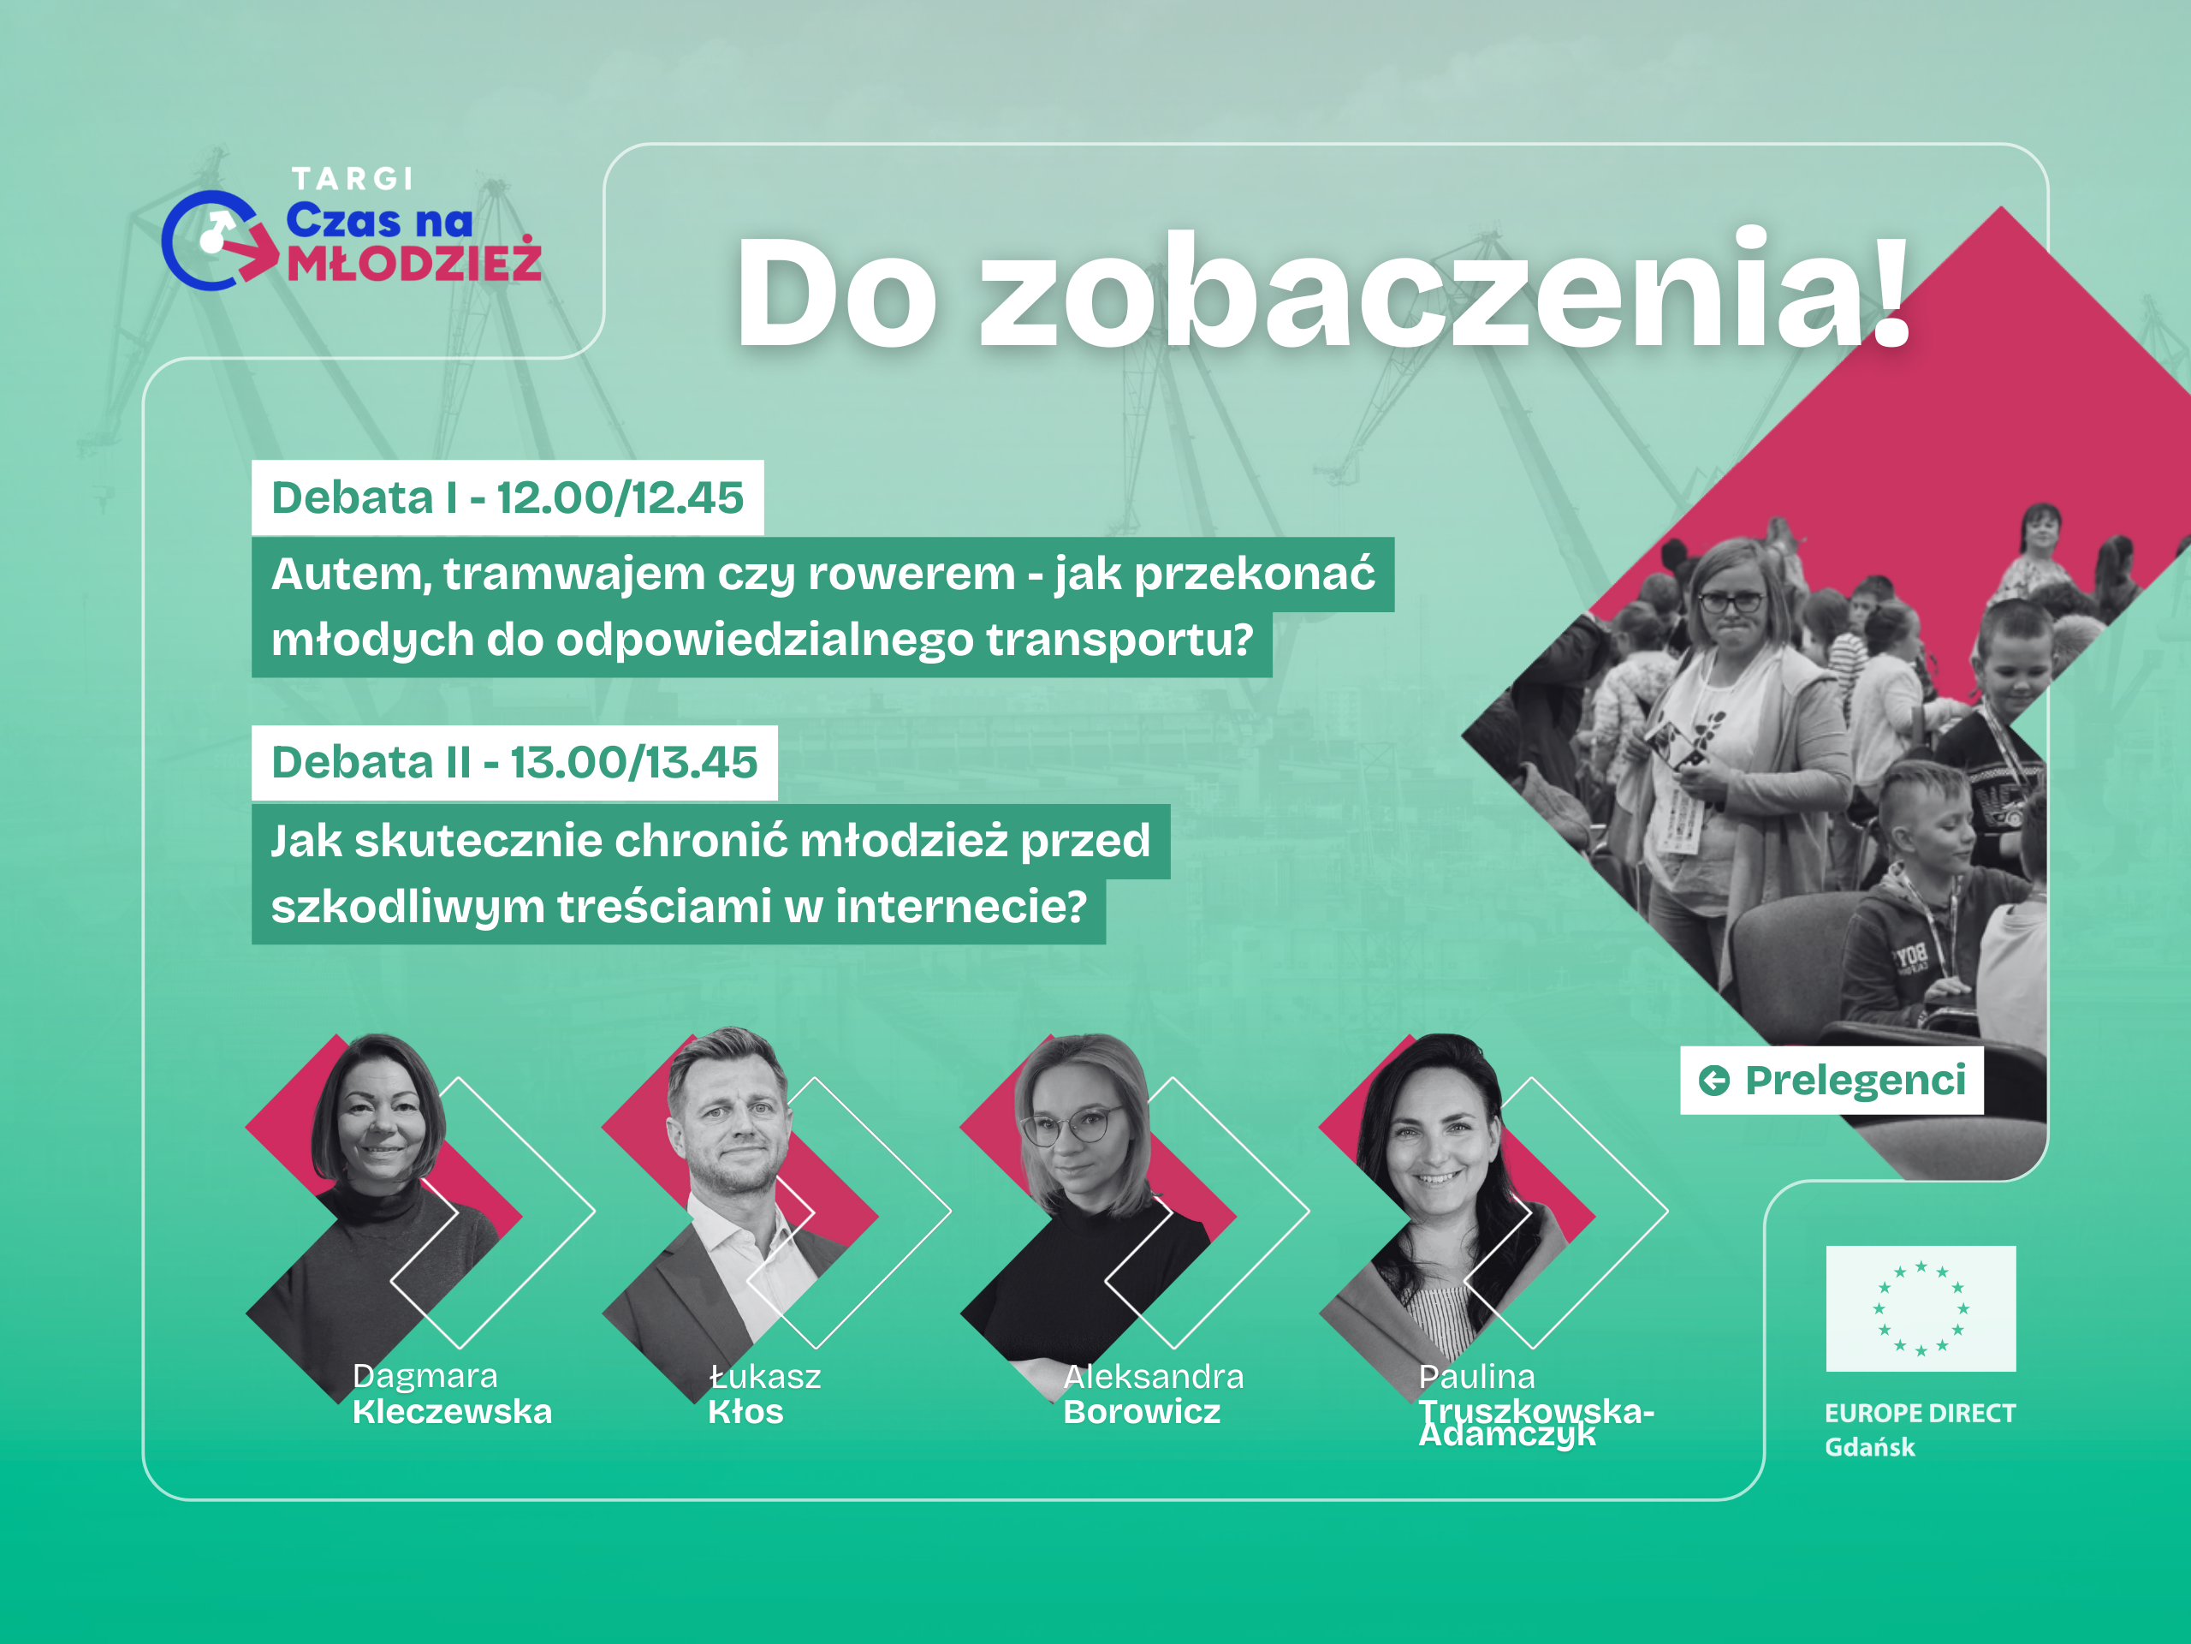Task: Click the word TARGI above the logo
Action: [353, 178]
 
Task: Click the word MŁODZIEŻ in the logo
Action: [414, 259]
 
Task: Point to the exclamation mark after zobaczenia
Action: [1890, 288]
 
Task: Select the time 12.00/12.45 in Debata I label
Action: [620, 497]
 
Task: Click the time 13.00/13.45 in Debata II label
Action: [634, 762]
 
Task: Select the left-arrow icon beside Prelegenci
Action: [1713, 1080]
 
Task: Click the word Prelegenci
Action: [1856, 1080]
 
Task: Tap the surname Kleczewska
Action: [453, 1411]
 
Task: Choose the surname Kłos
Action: [745, 1411]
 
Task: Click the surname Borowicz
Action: [1142, 1411]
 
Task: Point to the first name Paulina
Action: [1477, 1377]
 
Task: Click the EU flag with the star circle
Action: [1921, 1308]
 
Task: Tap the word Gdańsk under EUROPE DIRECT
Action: [1870, 1448]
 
